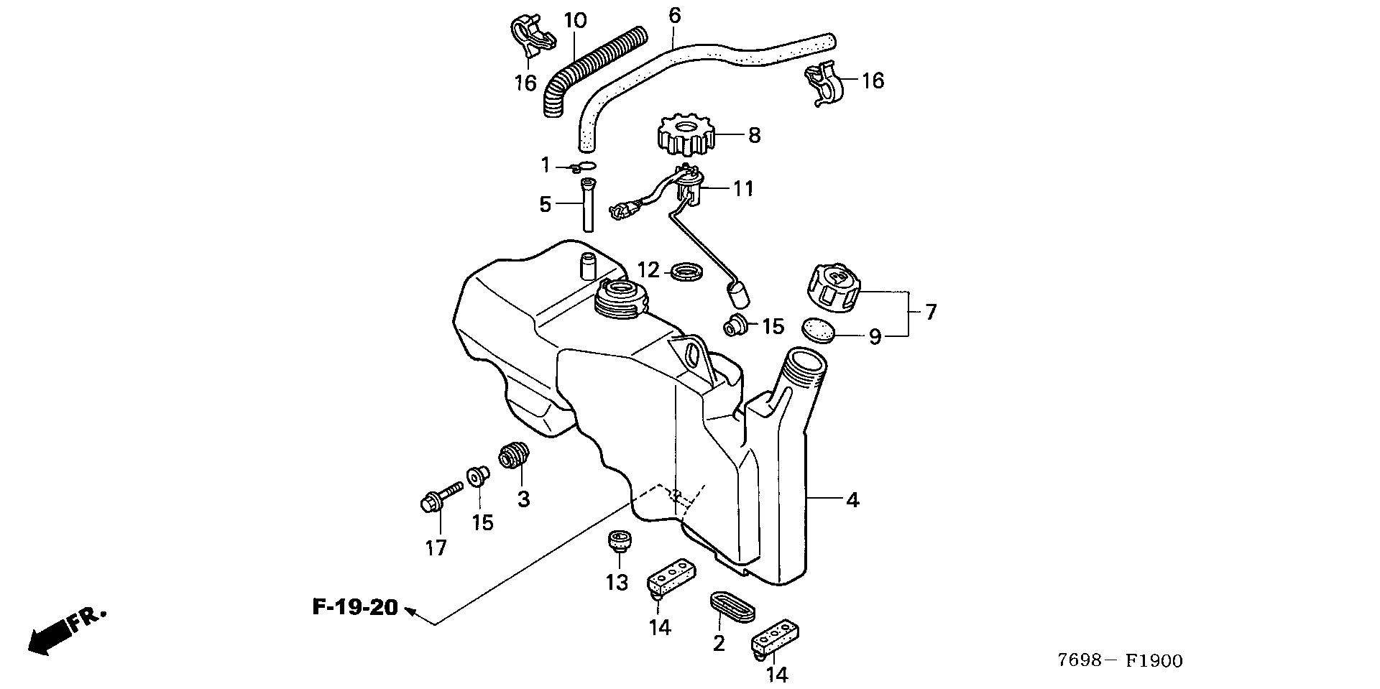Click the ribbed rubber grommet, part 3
click(x=515, y=456)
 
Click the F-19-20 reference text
click(x=355, y=607)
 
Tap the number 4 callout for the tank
click(x=852, y=500)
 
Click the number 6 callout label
click(x=674, y=16)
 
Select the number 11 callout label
click(x=742, y=189)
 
